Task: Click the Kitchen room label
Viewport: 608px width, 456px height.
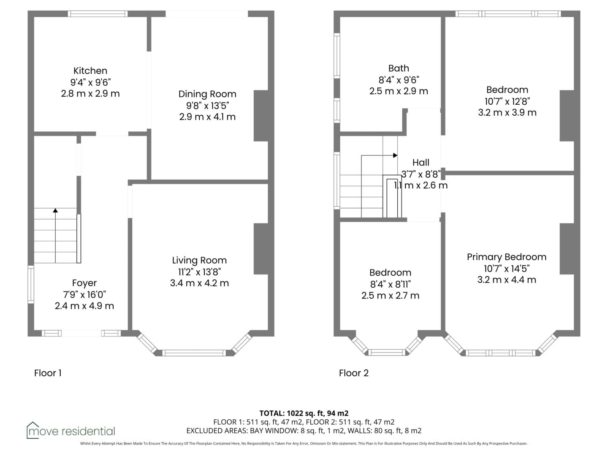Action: pyautogui.click(x=90, y=71)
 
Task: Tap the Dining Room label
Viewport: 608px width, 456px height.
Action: pyautogui.click(x=207, y=94)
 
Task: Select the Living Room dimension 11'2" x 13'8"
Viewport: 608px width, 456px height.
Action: pyautogui.click(x=199, y=272)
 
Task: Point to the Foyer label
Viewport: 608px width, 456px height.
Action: pyautogui.click(x=84, y=283)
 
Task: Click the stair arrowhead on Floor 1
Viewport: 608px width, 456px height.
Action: pyautogui.click(x=55, y=210)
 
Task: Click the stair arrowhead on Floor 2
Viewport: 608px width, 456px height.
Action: pyautogui.click(x=395, y=155)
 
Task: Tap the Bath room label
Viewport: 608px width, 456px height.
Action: pyautogui.click(x=399, y=68)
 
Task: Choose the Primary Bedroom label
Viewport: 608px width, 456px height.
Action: pyautogui.click(x=507, y=257)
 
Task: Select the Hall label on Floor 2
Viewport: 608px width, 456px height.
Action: pyautogui.click(x=421, y=162)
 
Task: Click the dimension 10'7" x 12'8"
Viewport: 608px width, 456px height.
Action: pyautogui.click(x=507, y=101)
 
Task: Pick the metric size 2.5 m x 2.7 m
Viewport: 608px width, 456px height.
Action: pyautogui.click(x=390, y=296)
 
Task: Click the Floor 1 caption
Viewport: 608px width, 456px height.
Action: pyautogui.click(x=48, y=373)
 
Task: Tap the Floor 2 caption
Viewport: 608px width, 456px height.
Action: pyautogui.click(x=354, y=373)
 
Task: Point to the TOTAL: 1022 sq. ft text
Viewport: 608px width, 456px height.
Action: pyautogui.click(x=292, y=413)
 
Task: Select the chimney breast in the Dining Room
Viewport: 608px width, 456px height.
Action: pyautogui.click(x=261, y=116)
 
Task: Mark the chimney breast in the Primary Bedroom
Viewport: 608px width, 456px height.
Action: pyautogui.click(x=567, y=249)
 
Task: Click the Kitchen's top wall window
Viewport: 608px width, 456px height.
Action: pyautogui.click(x=98, y=14)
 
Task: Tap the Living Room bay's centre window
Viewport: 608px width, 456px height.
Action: pyautogui.click(x=194, y=353)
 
